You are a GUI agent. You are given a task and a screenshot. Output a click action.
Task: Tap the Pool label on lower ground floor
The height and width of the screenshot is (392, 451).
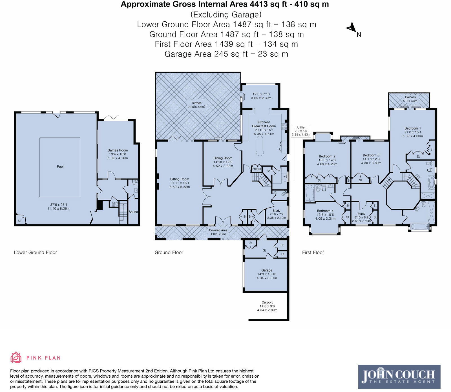coord(60,166)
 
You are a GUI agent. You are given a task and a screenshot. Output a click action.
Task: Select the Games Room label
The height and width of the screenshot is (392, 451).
coord(118,150)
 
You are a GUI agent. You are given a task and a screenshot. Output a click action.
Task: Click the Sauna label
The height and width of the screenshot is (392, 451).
coord(133,212)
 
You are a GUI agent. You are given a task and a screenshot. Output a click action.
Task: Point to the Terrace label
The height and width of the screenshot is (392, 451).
coord(196,103)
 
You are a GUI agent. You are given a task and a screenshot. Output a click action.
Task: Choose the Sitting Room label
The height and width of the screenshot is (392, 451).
coord(180,179)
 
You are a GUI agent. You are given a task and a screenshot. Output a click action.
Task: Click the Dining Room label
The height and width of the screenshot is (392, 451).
coord(223,158)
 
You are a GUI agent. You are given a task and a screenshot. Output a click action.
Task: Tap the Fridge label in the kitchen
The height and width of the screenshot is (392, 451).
coord(257,169)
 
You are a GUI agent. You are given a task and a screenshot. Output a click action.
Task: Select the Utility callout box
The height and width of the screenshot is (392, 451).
coord(301,131)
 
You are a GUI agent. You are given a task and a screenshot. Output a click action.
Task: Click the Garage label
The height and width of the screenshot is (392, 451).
coord(267,270)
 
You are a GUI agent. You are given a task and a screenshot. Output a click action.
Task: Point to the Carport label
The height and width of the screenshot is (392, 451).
coord(267,302)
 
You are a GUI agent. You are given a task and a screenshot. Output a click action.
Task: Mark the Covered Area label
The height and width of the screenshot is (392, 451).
coord(218,230)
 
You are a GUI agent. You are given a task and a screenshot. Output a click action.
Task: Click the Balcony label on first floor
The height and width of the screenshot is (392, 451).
coord(411,97)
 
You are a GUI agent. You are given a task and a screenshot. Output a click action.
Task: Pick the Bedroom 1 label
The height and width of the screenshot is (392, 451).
coord(413,128)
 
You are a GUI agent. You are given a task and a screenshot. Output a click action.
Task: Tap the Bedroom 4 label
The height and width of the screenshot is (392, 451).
coord(325,211)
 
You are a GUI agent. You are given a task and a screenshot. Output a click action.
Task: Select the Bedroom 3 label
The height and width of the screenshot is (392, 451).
coord(371,155)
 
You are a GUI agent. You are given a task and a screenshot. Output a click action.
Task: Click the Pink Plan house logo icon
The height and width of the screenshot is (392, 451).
coord(16,358)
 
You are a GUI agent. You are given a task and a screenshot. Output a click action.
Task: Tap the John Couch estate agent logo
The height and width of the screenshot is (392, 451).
coord(399,377)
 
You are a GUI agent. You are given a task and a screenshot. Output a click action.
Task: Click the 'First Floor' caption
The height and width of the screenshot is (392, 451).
coord(313,252)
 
